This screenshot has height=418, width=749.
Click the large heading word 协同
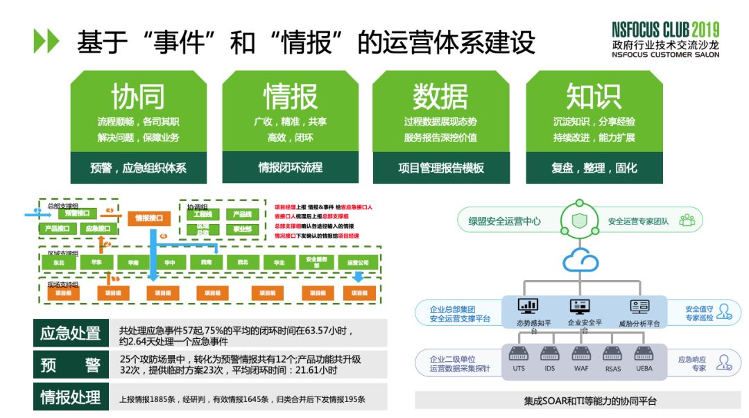tap(138, 97)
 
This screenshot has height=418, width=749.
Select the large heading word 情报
tap(290, 97)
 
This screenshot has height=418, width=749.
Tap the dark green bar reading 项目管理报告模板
tap(441, 168)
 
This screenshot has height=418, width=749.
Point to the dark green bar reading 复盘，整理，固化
tap(594, 168)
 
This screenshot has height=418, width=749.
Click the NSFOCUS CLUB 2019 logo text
tap(665, 30)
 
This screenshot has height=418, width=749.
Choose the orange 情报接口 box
tap(148, 218)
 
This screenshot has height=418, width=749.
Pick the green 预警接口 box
tap(77, 214)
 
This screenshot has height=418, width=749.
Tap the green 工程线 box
tap(203, 214)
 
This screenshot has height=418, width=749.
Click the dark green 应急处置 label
tap(70, 333)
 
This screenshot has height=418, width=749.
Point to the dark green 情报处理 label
tap(70, 397)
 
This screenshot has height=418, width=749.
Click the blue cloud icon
tap(580, 261)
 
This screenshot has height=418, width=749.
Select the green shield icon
tap(579, 221)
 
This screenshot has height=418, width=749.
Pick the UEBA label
tap(644, 368)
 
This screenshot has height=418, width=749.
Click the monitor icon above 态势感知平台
tap(528, 306)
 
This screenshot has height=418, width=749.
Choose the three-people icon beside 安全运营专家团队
tap(687, 221)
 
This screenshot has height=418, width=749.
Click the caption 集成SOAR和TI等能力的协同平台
tap(580, 401)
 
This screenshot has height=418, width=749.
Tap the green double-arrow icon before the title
tap(46, 42)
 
